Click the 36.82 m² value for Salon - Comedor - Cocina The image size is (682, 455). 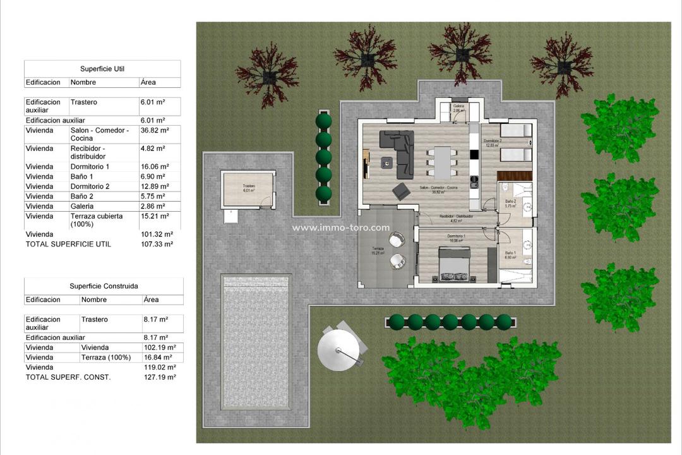[154, 130]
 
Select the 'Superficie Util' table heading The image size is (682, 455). [102, 69]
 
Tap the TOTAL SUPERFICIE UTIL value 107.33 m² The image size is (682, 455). [156, 244]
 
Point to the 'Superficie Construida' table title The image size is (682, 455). [104, 286]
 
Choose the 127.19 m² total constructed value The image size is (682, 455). [160, 377]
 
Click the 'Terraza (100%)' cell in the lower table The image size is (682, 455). [106, 357]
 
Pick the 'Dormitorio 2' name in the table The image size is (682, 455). [89, 186]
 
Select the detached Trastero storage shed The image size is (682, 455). [248, 190]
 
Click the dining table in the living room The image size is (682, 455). [442, 161]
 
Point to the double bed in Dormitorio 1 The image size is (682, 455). [454, 266]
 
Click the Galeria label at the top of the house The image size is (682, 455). [458, 108]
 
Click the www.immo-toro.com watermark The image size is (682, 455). [340, 228]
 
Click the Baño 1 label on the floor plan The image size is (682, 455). [510, 255]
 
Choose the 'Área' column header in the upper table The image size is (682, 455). [148, 82]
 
